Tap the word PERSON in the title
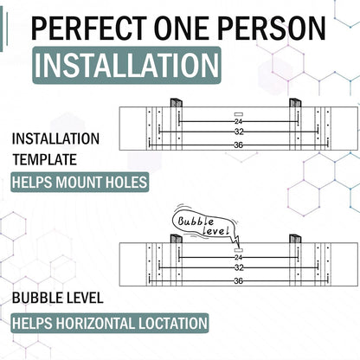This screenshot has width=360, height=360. pos(272,28)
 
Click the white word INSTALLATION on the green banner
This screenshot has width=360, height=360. pos(126,65)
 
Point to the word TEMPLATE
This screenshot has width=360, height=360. pos(45,159)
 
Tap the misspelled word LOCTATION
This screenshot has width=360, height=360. pos(173,324)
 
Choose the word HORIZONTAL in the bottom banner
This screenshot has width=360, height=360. pos(95,324)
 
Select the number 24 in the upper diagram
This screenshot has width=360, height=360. pos(238,121)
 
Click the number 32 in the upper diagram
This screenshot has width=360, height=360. pos(239,132)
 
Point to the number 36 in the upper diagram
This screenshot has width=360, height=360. pos(238,145)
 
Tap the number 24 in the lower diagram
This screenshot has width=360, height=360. pos(238,257)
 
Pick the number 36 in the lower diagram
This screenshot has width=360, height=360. pos(238,280)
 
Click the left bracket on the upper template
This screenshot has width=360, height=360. pos(176,103)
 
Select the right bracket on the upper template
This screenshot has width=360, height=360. pos(295,103)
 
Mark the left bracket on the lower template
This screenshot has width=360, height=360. pos(176,239)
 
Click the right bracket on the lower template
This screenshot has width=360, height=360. pos(295,239)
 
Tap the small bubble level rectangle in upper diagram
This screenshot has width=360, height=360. pos(239,114)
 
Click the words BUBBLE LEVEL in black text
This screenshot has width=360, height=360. pos(58,298)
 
